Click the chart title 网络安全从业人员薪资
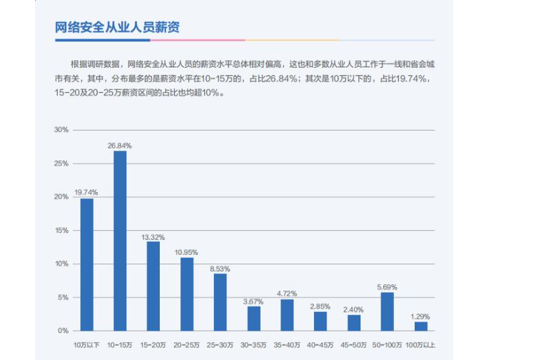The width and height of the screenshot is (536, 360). pyautogui.click(x=117, y=28)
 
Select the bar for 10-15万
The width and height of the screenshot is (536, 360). pyautogui.click(x=120, y=241)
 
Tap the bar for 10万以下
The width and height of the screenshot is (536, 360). pyautogui.click(x=86, y=264)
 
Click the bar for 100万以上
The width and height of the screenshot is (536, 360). pyautogui.click(x=421, y=326)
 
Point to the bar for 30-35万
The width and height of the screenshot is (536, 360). pyautogui.click(x=254, y=319)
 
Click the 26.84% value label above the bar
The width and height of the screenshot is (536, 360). pyautogui.click(x=120, y=146)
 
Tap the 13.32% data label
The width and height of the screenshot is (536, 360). pyautogui.click(x=153, y=236)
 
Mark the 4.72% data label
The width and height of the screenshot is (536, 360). pyautogui.click(x=287, y=294)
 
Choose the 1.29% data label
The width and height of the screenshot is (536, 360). pyautogui.click(x=421, y=316)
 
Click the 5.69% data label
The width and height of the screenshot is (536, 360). pyautogui.click(x=387, y=287)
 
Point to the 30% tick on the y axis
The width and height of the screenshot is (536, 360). pyautogui.click(x=61, y=130)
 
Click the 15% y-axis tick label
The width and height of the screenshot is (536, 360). pyautogui.click(x=61, y=231)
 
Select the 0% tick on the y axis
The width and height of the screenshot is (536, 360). pyautogui.click(x=63, y=331)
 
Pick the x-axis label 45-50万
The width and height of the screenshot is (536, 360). pyautogui.click(x=354, y=345)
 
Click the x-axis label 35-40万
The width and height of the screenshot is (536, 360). pyautogui.click(x=287, y=345)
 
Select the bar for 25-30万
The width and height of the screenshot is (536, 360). pyautogui.click(x=221, y=302)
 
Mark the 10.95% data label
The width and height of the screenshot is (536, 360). pyautogui.click(x=187, y=252)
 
